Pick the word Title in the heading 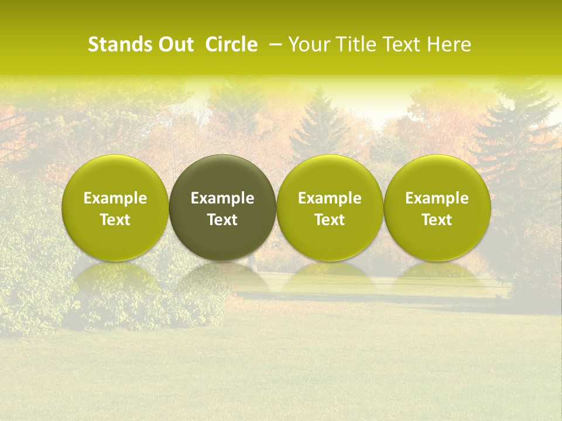[x=353, y=44]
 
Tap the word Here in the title [x=448, y=44]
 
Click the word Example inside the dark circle [x=222, y=198]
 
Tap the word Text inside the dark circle [x=222, y=220]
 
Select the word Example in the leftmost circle [x=115, y=198]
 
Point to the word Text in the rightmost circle [x=437, y=220]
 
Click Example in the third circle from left [x=330, y=198]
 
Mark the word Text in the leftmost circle [x=115, y=220]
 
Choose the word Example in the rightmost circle [x=437, y=198]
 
